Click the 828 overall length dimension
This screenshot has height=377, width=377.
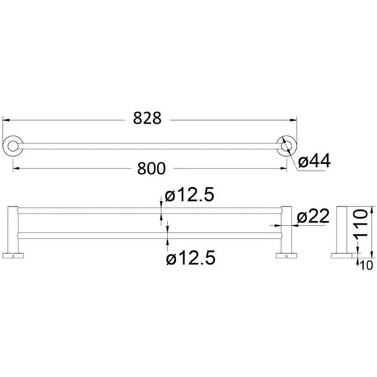coord(147,118)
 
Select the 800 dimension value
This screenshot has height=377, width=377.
coord(151,169)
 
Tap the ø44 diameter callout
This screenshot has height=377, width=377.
coord(314,161)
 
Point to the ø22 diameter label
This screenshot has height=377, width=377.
coord(313,216)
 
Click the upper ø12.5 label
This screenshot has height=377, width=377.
coord(189,195)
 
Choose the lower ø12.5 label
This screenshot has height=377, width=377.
coord(191,258)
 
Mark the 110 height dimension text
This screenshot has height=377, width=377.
coord(360,224)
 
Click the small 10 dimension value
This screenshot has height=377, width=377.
coord(366,265)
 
